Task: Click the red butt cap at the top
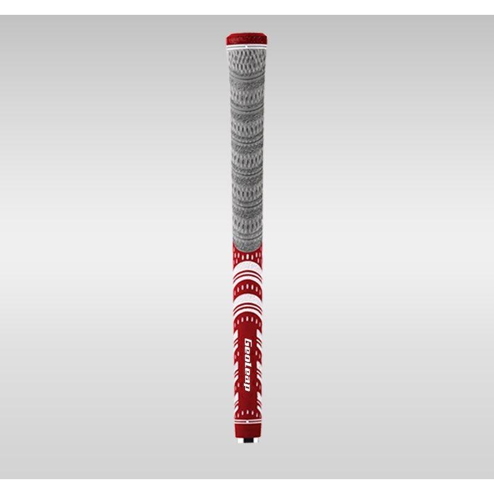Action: pyautogui.click(x=246, y=40)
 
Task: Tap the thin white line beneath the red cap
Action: pyautogui.click(x=246, y=48)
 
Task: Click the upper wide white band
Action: pyautogui.click(x=248, y=269)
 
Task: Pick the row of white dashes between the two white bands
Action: pyautogui.click(x=248, y=288)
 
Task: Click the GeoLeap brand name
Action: pyautogui.click(x=248, y=365)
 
